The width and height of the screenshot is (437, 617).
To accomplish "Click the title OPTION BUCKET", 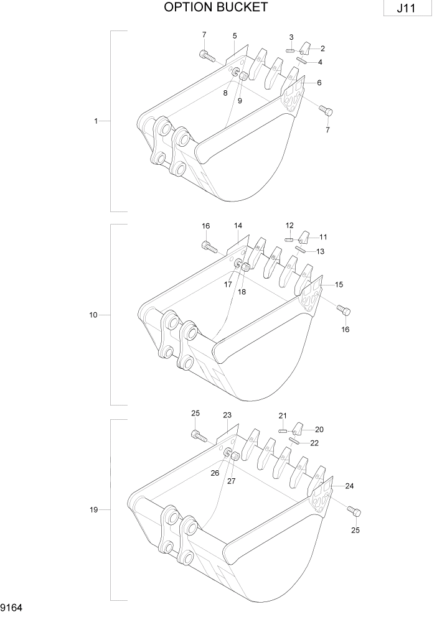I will [x=216, y=7].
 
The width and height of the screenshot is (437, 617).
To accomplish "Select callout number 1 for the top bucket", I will [x=96, y=121].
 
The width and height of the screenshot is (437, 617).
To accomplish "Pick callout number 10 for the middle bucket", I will [x=93, y=315].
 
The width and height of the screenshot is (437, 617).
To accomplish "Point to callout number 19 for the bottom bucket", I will [x=93, y=510].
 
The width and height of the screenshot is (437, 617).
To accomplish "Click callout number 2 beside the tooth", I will [x=322, y=48].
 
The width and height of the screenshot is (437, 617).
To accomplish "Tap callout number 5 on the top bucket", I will [x=235, y=35].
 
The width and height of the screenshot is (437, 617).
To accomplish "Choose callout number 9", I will [x=240, y=101].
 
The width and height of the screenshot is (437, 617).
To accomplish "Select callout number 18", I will [x=242, y=292].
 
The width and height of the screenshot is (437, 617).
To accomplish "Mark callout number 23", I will [x=227, y=415].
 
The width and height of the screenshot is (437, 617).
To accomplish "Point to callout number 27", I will [x=231, y=481].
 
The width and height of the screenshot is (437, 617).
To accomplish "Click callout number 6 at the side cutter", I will [x=319, y=83].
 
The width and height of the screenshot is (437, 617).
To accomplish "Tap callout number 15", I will [x=339, y=284].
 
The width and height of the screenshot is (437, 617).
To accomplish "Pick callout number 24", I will [x=349, y=486].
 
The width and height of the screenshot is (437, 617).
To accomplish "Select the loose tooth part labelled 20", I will [x=298, y=429].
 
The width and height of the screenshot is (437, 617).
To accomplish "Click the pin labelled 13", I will [x=300, y=250].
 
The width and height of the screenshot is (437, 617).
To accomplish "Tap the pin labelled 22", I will [x=294, y=442].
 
